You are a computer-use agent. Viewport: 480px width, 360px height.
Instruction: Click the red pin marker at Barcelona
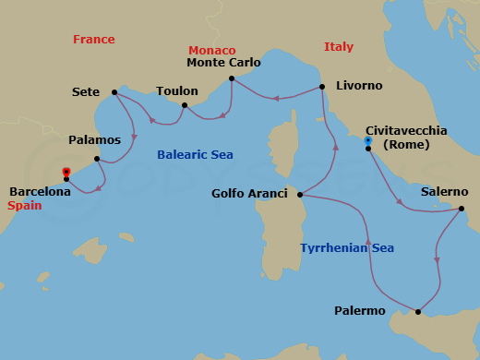tap(66, 172)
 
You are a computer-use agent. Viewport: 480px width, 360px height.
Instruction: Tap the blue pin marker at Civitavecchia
tap(368, 141)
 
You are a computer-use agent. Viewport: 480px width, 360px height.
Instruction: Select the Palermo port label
tap(360, 311)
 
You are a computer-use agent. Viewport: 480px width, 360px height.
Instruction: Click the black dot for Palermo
tap(419, 311)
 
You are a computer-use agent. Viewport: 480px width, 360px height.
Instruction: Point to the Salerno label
tap(444, 192)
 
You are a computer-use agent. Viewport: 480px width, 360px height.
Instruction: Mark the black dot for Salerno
tap(460, 209)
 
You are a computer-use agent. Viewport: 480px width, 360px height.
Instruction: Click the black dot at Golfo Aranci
tap(301, 195)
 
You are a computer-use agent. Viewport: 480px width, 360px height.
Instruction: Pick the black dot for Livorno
tap(322, 87)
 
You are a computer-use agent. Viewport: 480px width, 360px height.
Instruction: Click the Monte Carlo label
tap(223, 64)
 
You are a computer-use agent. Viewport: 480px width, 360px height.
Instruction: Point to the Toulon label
tap(176, 91)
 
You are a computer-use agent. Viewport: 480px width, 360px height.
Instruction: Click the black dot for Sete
tap(114, 91)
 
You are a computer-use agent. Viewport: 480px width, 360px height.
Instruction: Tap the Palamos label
tap(95, 140)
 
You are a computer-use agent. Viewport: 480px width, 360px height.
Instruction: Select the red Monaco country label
tap(211, 50)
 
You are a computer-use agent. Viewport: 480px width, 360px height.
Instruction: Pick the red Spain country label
tap(25, 206)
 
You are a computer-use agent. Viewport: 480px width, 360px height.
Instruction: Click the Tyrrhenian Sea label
tap(347, 248)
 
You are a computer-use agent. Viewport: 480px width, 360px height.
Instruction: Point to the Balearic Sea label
tap(195, 155)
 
